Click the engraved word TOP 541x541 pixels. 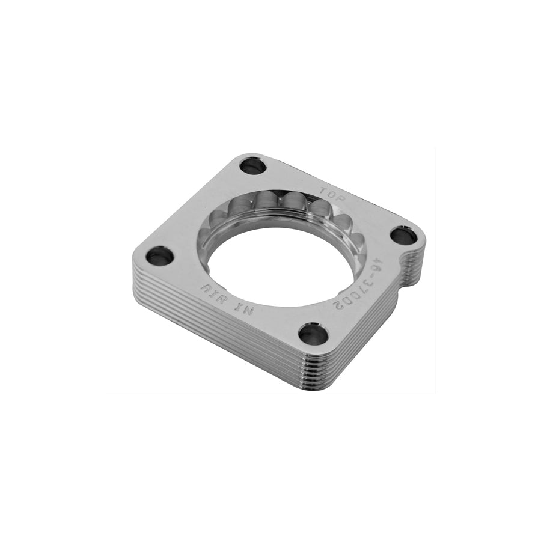[329, 191]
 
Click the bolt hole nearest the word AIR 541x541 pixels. [160, 257]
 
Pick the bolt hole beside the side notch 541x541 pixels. [403, 234]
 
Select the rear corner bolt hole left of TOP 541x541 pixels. [253, 164]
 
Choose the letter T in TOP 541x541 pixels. [323, 188]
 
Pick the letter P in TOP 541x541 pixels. [336, 195]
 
